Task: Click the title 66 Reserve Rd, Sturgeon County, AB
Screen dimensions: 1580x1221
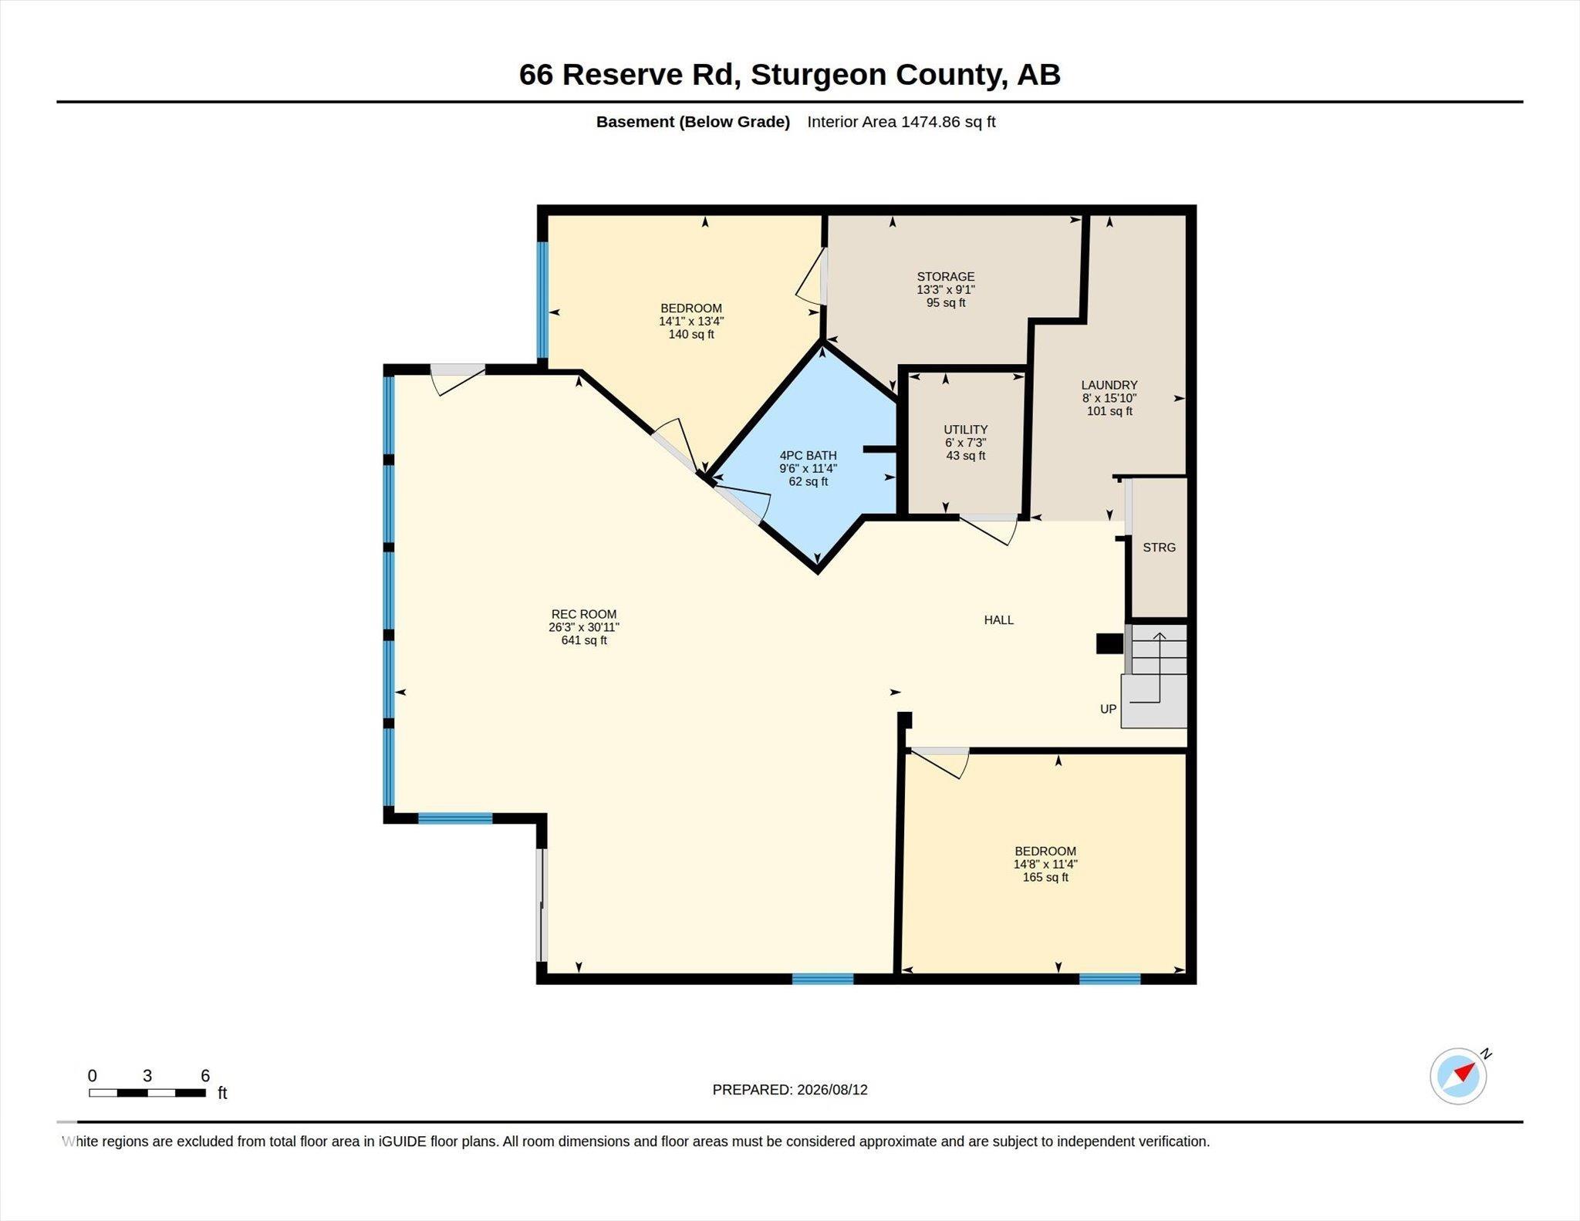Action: [789, 75]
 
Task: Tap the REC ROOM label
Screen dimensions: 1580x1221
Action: [584, 614]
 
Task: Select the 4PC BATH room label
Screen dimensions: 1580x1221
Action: [808, 455]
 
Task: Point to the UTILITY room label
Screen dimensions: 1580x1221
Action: [965, 430]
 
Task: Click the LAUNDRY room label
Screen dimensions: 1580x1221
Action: [1109, 385]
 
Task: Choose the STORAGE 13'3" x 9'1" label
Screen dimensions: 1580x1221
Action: [946, 283]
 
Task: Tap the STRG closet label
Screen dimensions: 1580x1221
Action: [1159, 547]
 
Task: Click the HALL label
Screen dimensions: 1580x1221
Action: [998, 619]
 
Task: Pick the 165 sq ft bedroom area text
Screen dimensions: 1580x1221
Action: [1045, 877]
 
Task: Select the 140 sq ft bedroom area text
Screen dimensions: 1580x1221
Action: [691, 334]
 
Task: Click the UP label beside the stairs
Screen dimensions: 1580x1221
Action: [1108, 709]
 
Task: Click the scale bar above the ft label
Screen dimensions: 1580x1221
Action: [147, 1092]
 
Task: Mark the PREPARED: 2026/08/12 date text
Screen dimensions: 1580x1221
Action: [790, 1089]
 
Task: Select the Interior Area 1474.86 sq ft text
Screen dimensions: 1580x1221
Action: [901, 122]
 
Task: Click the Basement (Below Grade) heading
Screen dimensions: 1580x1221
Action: [693, 122]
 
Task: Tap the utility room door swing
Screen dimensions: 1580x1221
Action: [988, 529]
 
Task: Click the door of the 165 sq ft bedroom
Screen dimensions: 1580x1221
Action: [939, 762]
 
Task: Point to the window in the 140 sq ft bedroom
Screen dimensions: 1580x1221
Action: [542, 300]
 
